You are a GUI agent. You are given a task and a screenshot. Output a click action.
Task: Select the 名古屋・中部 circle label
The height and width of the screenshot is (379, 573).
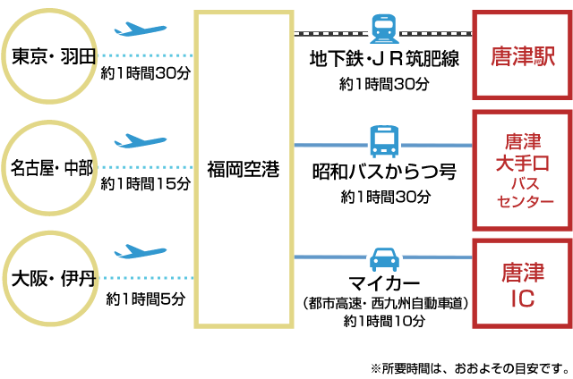53,168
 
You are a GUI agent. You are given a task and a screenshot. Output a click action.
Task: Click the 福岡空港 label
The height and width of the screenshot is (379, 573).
243,168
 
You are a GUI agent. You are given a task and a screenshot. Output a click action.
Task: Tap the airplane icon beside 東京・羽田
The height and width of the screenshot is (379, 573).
141,29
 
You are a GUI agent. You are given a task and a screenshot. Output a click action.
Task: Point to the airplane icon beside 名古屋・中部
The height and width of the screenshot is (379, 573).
141,140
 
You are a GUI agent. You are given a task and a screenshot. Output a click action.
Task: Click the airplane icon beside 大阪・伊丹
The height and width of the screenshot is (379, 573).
141,251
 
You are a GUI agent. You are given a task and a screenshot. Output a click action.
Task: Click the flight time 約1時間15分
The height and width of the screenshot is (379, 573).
146,184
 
